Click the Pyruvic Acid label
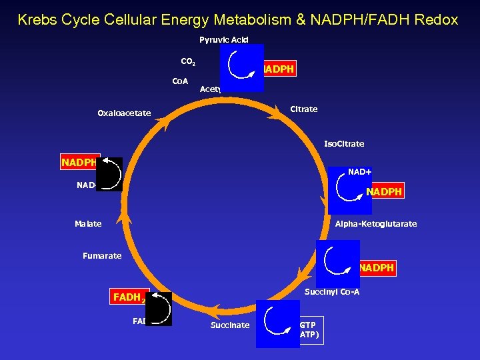coord(223,39)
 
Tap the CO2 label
coord(188,62)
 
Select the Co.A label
coord(180,81)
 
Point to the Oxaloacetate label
coord(124,113)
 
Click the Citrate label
coord(304,109)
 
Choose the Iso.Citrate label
coord(344,143)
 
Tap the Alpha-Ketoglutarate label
coord(376,224)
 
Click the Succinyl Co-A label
coord(332,292)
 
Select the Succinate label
coord(230,325)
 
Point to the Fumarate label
coord(102,255)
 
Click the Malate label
coord(88,224)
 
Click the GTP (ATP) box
coord(311,330)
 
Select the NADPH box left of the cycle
coord(79,163)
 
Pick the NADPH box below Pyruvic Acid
coord(279,69)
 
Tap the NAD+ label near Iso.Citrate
coord(360,172)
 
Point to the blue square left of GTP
coord(277,324)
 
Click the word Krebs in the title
coord(37,19)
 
